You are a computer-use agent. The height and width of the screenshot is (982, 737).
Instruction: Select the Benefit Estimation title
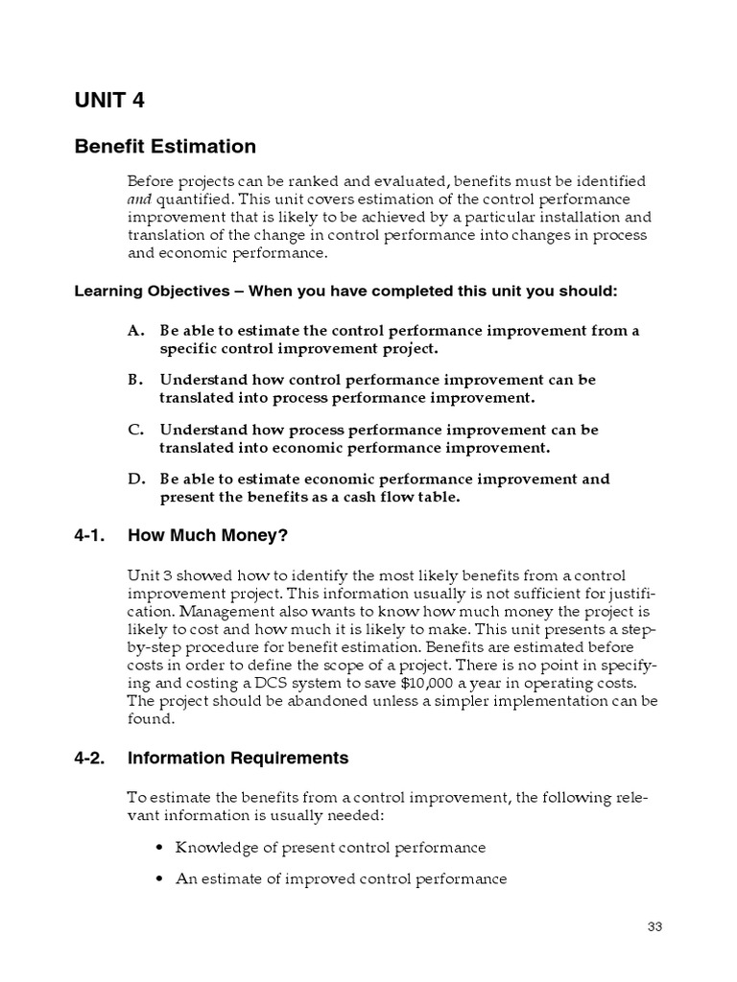point(165,147)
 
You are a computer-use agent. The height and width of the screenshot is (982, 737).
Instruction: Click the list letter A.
point(135,331)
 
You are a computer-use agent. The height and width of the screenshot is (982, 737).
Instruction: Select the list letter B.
point(135,380)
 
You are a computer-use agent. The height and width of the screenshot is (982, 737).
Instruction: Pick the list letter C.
point(135,430)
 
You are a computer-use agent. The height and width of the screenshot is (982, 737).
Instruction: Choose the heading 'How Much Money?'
point(207,536)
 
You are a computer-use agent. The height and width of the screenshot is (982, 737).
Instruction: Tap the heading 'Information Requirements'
point(238,759)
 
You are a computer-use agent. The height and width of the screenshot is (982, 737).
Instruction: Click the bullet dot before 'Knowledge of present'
point(158,849)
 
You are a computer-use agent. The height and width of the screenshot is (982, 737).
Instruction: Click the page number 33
point(655,926)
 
